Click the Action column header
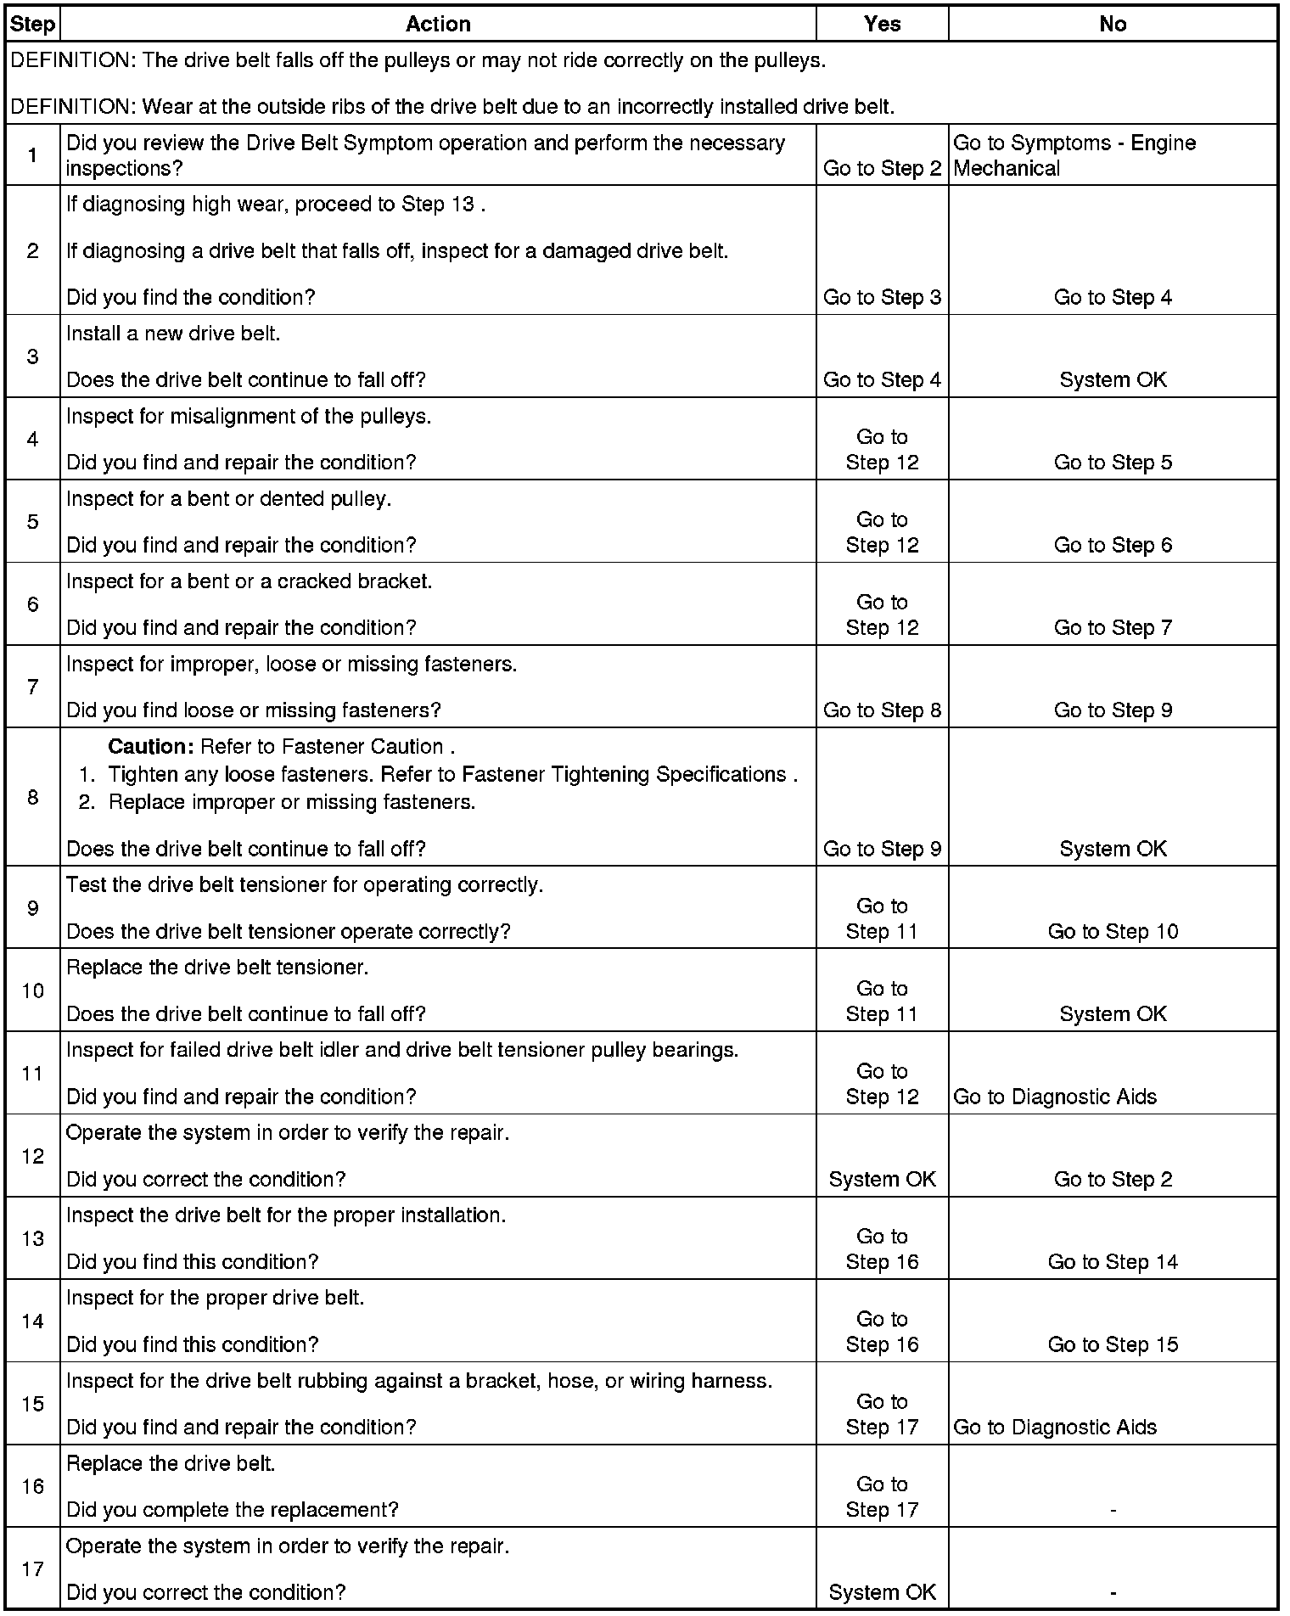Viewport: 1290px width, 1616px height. tap(438, 24)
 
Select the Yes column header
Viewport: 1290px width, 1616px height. tap(882, 24)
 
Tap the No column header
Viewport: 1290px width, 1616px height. tap(1112, 24)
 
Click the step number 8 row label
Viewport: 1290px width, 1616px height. tap(32, 796)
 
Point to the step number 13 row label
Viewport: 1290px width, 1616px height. tap(32, 1238)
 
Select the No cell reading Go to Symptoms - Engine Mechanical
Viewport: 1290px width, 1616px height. tap(1074, 155)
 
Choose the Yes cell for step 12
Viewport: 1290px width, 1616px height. tap(882, 1179)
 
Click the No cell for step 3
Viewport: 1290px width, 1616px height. tap(1113, 379)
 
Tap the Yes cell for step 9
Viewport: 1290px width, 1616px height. tap(882, 918)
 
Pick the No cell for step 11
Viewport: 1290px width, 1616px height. tap(1055, 1097)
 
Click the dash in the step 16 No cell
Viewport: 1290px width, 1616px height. tap(1113, 1510)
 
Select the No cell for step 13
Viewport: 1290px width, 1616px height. tap(1113, 1262)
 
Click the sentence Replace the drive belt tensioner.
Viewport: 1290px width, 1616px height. tap(217, 968)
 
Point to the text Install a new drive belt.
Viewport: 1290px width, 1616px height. tap(173, 334)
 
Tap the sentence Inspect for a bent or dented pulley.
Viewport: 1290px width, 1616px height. tap(228, 499)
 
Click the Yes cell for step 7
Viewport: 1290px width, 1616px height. tap(882, 710)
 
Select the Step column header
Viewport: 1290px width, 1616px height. tap(32, 24)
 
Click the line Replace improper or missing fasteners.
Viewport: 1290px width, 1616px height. tap(291, 802)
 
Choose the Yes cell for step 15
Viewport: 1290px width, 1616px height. tap(882, 1414)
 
